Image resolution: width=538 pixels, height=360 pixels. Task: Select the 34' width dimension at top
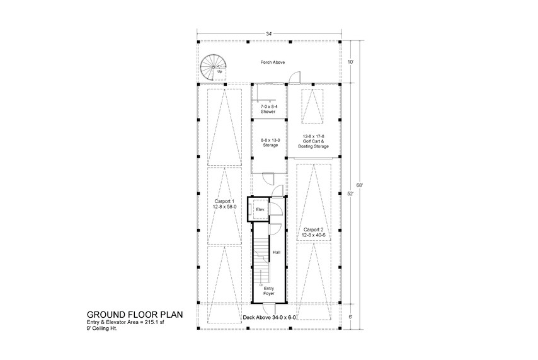tap(270, 33)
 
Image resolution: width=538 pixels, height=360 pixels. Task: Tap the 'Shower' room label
tap(269, 109)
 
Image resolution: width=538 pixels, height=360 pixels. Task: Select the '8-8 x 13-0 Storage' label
tap(269, 143)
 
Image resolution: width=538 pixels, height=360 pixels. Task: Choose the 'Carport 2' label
tap(313, 232)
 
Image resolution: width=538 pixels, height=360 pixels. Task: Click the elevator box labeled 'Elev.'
tap(259, 209)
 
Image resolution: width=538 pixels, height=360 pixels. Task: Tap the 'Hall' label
tap(276, 252)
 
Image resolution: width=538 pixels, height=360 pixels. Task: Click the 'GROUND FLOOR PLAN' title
tap(135, 313)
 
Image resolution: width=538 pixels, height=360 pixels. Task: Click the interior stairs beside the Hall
tap(261, 258)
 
